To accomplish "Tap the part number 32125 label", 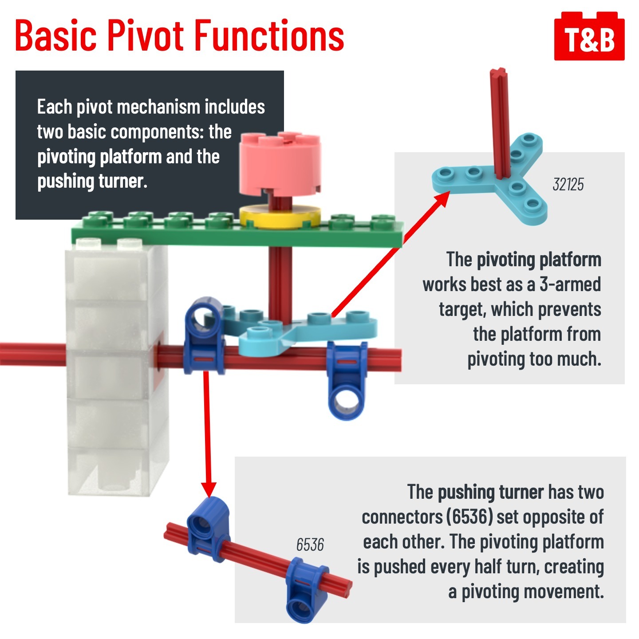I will click(568, 184).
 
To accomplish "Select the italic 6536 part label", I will click(310, 544).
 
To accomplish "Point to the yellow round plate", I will click(280, 217).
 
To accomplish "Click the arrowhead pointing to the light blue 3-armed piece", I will click(441, 201).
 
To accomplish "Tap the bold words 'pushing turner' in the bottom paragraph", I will click(490, 492).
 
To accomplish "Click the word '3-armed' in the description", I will click(570, 284).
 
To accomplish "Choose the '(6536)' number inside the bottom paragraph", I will click(470, 517).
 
